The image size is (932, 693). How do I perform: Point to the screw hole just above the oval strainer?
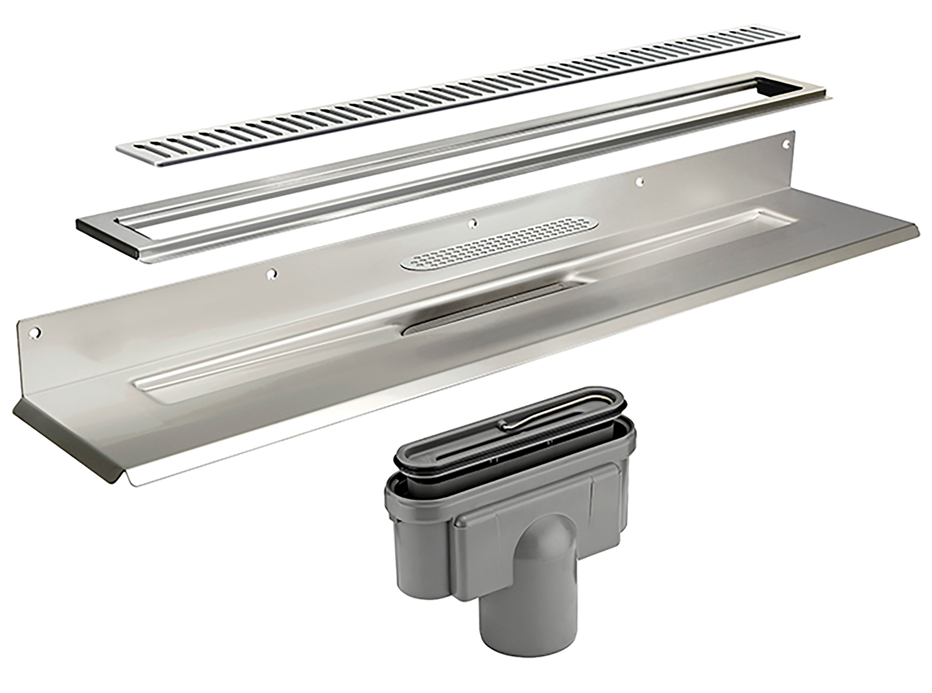[x=474, y=224]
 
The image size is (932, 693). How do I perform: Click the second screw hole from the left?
[x=273, y=273]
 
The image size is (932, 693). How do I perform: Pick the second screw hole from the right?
[x=639, y=181]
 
